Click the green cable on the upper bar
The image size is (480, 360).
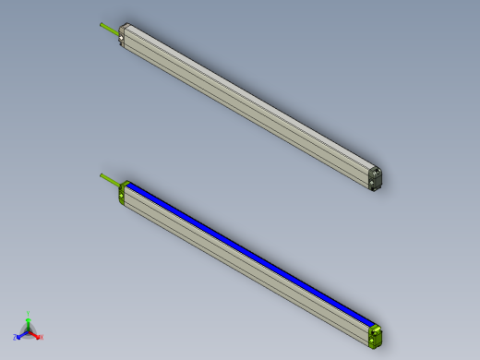110,29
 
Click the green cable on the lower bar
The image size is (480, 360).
110,179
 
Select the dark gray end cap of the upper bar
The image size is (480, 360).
375,178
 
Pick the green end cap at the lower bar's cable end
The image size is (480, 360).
122,193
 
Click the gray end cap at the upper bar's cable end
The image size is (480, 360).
122,37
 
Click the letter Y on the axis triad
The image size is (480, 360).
28,314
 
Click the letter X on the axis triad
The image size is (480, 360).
42,337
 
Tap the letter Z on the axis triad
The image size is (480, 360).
15,338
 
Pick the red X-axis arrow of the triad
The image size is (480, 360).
35,334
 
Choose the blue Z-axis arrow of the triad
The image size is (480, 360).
21,334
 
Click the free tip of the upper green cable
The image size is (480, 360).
101,24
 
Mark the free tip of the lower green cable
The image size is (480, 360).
101,174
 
